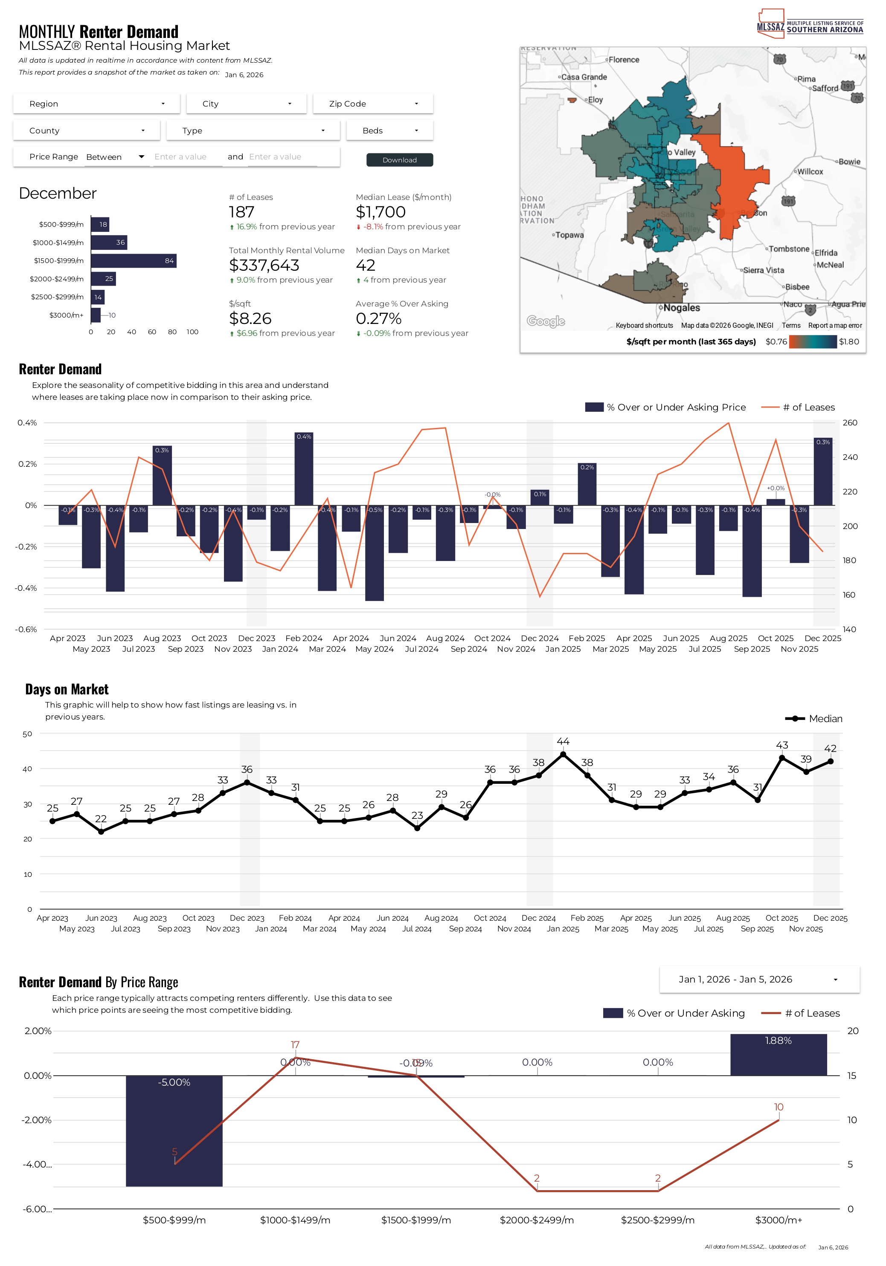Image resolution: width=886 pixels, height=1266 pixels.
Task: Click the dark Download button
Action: click(399, 160)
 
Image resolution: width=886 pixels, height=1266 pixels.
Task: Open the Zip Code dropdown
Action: click(373, 104)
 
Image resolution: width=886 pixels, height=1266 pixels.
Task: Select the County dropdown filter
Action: click(87, 131)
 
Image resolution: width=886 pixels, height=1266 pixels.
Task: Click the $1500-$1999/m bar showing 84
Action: click(134, 261)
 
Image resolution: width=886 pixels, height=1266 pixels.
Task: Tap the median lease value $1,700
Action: click(381, 212)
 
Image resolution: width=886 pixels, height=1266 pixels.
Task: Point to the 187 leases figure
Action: click(241, 212)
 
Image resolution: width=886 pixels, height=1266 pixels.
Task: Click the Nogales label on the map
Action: click(681, 308)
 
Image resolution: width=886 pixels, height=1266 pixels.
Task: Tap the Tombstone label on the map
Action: click(789, 249)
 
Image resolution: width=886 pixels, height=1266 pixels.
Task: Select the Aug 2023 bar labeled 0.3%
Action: click(162, 476)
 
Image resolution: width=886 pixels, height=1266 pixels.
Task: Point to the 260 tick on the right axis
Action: click(850, 423)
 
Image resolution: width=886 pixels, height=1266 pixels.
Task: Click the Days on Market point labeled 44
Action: click(563, 754)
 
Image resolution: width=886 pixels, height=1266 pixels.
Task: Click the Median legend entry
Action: click(814, 719)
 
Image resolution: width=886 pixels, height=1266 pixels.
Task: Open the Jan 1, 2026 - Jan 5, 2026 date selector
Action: click(759, 979)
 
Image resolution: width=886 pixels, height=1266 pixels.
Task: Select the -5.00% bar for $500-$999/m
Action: click(174, 1130)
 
